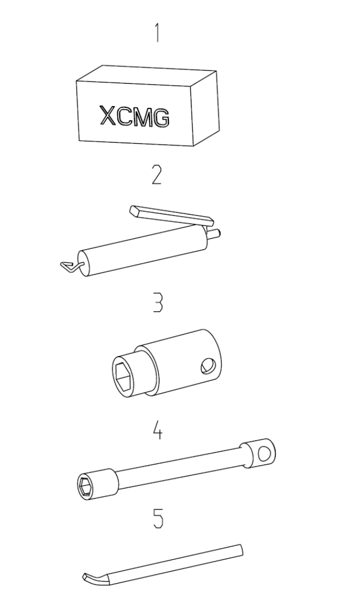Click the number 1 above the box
157,33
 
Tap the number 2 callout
157,175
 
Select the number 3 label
157,303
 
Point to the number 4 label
157,431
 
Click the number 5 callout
158,518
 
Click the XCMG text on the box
135,116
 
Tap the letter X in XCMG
108,115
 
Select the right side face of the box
206,108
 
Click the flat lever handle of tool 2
172,215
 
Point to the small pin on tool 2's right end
215,233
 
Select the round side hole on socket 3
208,365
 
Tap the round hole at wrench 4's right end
265,454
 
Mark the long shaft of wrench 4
179,467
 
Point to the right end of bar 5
241,550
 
